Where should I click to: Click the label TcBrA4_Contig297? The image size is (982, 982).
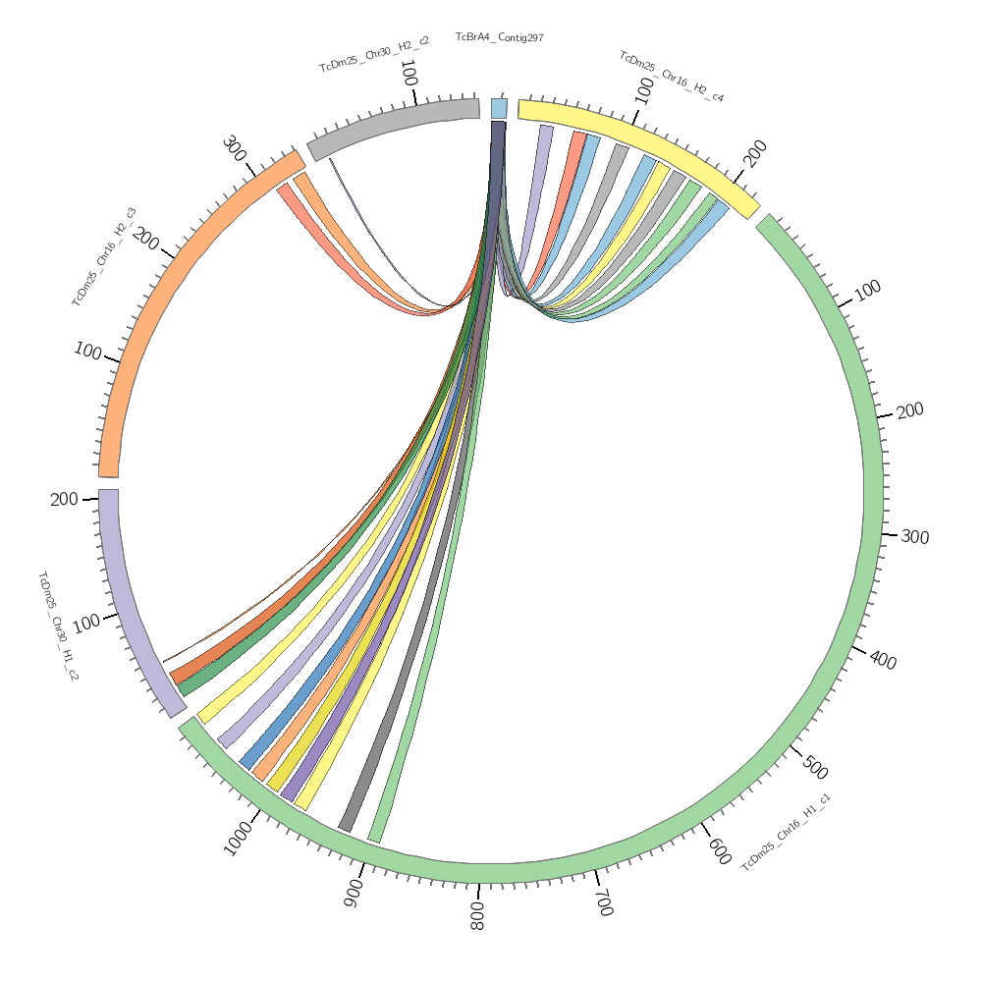(499, 37)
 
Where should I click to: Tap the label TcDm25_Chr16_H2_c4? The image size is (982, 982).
(672, 77)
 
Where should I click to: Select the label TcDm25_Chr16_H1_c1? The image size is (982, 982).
(786, 833)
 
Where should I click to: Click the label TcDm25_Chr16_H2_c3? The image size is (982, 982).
(104, 257)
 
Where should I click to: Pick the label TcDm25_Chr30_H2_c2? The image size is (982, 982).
(374, 55)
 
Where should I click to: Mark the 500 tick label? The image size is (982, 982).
(814, 767)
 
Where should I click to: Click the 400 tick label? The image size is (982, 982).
(883, 661)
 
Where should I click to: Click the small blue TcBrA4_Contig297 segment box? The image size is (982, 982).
(499, 108)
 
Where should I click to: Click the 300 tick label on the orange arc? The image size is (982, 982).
(234, 148)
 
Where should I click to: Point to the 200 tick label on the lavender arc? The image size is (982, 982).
(64, 500)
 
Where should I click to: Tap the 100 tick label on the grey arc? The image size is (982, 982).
(409, 74)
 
